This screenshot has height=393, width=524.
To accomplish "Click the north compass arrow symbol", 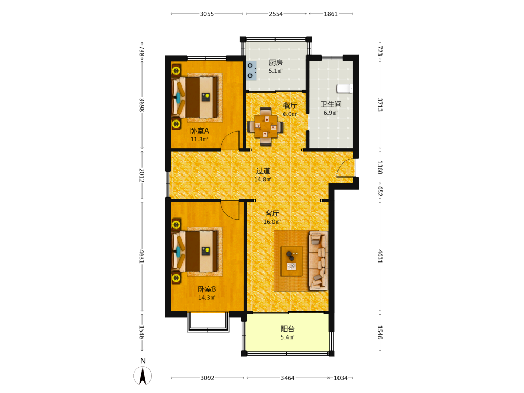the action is [x=143, y=376].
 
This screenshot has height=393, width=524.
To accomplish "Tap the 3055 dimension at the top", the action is [x=207, y=14].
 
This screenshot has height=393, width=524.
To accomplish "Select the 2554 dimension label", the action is [x=276, y=14].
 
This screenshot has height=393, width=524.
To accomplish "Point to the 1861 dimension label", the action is [x=331, y=14].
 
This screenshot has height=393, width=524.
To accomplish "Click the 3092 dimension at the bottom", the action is [x=207, y=378].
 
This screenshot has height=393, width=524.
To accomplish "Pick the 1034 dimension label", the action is [x=341, y=378].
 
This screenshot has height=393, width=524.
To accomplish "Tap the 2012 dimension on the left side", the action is [x=141, y=175].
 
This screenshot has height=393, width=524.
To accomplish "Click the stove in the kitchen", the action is [x=252, y=71].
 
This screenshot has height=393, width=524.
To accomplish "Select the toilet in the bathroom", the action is [x=345, y=89].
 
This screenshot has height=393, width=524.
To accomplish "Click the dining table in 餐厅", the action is [x=266, y=126].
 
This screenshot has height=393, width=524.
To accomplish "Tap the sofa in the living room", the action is [x=318, y=260].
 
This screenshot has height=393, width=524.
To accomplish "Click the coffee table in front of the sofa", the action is [x=292, y=261].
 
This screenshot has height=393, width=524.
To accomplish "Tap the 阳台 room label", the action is [x=287, y=329].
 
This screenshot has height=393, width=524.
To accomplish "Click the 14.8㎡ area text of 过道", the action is [x=263, y=179].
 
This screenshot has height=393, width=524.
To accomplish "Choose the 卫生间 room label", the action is [x=331, y=104].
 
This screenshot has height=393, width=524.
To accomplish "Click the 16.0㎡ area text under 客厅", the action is [x=272, y=222].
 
